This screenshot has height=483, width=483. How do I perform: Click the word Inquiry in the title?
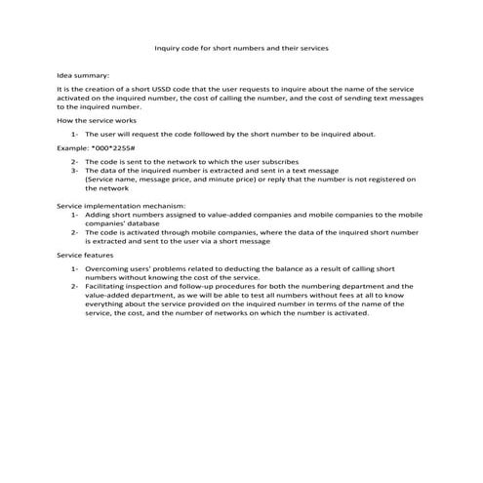tap(170, 46)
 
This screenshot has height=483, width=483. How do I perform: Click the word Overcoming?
tap(110, 267)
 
